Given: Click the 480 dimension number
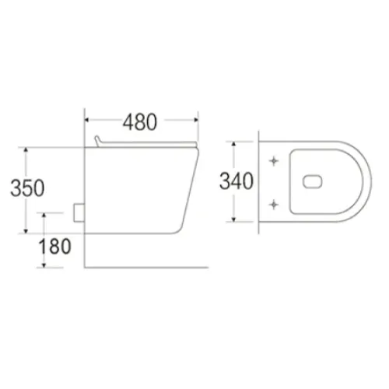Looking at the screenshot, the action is point(140,122).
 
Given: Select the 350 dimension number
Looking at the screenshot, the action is point(27,187).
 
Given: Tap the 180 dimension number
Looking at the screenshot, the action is point(54,246).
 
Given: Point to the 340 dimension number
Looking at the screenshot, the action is point(237,181).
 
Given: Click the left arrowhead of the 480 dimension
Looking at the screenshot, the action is point(87,120).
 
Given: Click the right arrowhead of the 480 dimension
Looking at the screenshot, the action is point(196,120).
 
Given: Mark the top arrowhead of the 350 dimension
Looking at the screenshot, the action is point(26,149).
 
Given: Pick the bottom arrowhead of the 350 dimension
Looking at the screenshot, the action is point(26,231).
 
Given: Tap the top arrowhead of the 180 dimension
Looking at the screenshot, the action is point(44,216).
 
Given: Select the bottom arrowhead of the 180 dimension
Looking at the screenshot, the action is point(44,265).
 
